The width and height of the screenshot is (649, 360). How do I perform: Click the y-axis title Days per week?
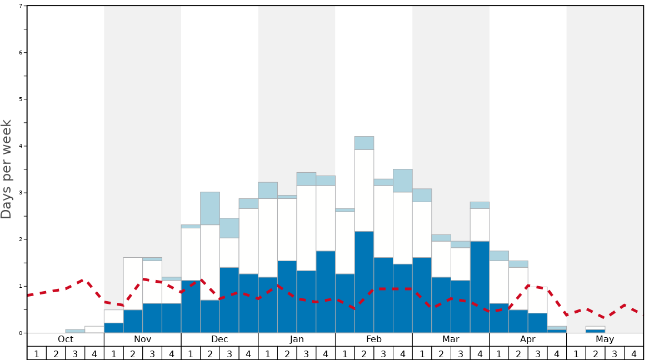pyautogui.click(x=7, y=169)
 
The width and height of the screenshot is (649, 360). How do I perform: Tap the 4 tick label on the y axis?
pyautogui.click(x=21, y=146)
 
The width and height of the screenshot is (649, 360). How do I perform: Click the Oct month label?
pyautogui.click(x=66, y=339)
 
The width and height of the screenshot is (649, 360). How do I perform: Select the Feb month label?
pyautogui.click(x=374, y=339)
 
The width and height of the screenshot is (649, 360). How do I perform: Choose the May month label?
pyautogui.click(x=605, y=339)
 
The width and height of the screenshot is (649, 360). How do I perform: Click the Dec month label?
pyautogui.click(x=219, y=339)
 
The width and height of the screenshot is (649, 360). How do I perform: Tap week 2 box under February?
pyautogui.click(x=364, y=353)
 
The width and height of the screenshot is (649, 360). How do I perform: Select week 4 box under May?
pyautogui.click(x=633, y=353)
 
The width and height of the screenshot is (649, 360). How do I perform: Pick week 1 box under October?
pyautogui.click(x=37, y=353)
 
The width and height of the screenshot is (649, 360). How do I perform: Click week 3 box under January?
pyautogui.click(x=306, y=353)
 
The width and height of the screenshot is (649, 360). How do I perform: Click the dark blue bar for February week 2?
pyautogui.click(x=364, y=282)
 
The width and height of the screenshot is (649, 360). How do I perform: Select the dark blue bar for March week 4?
pyautogui.click(x=480, y=287)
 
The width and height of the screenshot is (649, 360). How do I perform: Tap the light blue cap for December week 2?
pyautogui.click(x=210, y=208)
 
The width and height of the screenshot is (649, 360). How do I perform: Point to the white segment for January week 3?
pyautogui.click(x=306, y=228)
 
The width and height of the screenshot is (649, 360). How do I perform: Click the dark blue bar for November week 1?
pyautogui.click(x=113, y=328)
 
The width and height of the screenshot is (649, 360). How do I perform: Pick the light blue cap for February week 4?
pyautogui.click(x=402, y=181)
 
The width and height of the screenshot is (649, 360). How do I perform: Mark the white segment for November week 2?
pyautogui.click(x=133, y=283)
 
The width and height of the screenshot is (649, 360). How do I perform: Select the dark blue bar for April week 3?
pyautogui.click(x=537, y=323)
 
